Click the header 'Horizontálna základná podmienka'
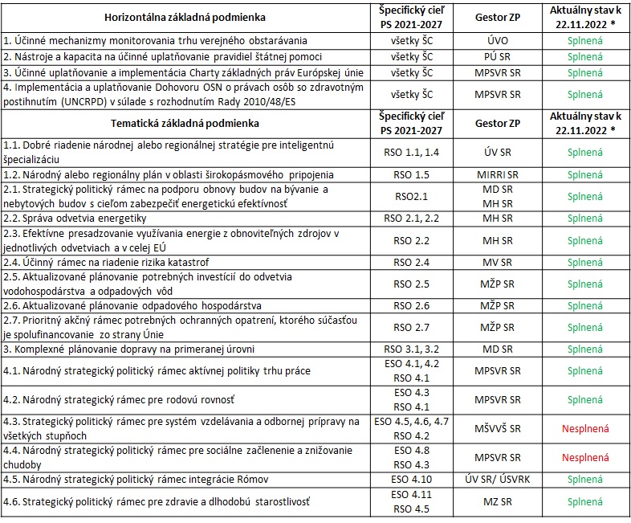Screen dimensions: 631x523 click(185, 18)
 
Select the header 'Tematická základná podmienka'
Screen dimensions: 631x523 click(185, 123)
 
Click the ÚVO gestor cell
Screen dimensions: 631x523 click(498, 41)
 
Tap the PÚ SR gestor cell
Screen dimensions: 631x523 click(498, 57)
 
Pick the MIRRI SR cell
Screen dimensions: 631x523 click(498, 175)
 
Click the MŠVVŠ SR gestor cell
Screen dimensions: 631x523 click(498, 429)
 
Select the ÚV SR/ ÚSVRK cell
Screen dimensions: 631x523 click(498, 479)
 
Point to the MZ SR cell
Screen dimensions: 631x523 click(498, 501)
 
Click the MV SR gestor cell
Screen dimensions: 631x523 click(498, 263)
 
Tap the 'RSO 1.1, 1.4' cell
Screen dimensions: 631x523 click(411, 153)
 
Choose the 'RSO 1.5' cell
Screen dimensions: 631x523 click(411, 175)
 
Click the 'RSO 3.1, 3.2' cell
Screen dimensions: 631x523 click(411, 349)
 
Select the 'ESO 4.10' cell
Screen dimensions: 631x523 click(411, 479)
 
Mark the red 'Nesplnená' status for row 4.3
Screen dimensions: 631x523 click(585, 429)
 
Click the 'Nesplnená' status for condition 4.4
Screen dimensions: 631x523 click(585, 458)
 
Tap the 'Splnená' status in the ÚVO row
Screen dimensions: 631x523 click(585, 41)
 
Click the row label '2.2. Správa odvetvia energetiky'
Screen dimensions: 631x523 click(75, 219)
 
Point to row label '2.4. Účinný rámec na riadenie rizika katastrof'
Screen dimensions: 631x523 click(106, 263)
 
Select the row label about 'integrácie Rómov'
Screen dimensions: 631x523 click(136, 479)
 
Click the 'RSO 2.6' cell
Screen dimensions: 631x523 click(411, 306)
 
